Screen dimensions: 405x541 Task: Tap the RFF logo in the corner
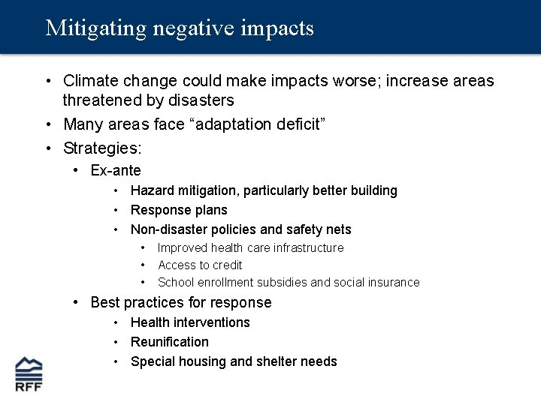29,373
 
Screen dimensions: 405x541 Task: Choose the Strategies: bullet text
102,147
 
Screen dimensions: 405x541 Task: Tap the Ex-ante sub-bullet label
116,171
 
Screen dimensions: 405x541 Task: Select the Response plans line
179,210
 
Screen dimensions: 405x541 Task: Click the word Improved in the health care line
183,247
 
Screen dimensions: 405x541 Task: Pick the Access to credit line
200,265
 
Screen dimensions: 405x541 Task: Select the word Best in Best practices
104,302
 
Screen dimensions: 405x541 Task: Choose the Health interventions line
190,322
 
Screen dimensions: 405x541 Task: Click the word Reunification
170,342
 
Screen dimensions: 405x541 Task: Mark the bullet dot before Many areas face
47,124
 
